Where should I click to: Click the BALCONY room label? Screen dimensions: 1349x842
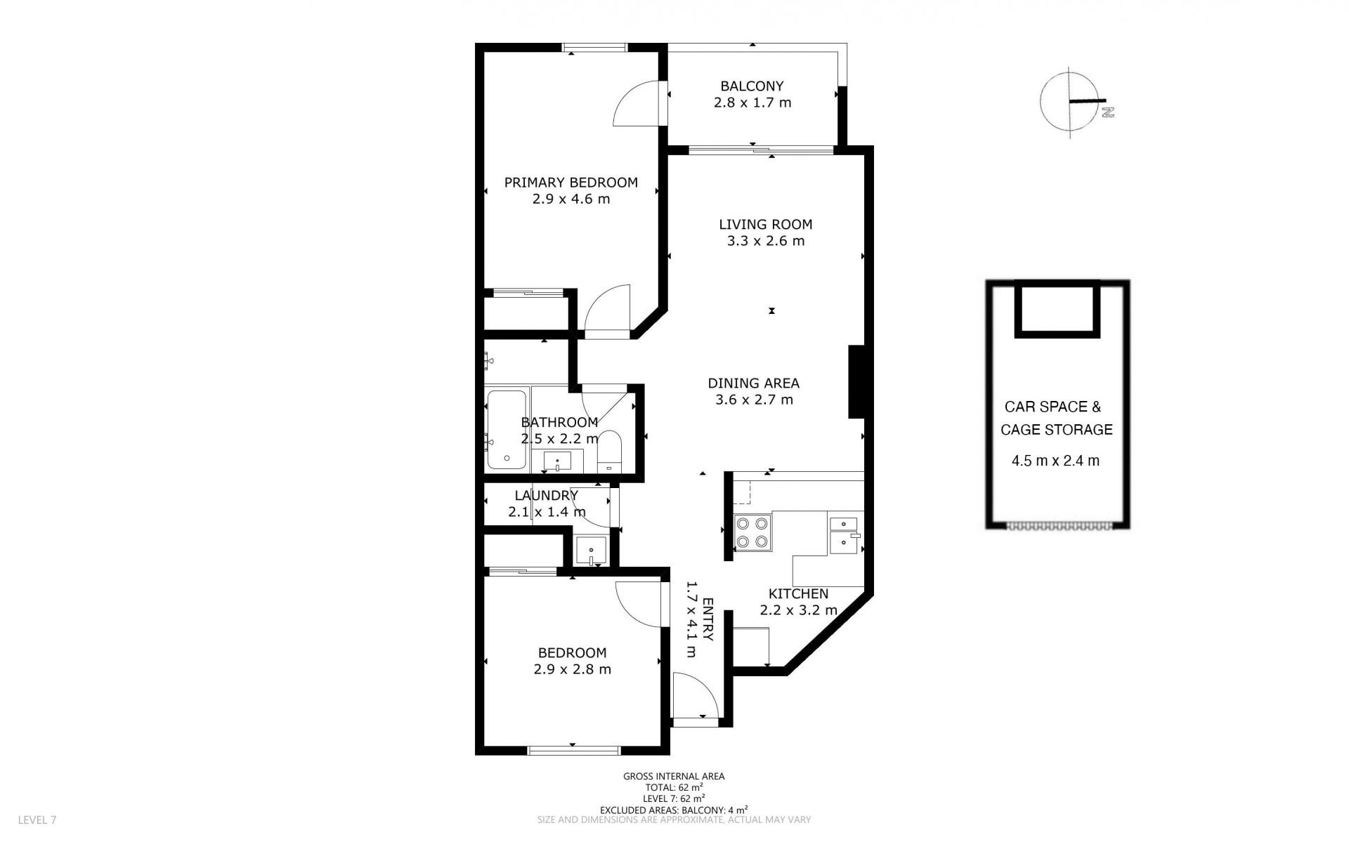coord(752,86)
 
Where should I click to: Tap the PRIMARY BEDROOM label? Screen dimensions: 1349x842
coord(571,183)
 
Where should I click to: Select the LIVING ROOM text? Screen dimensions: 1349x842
coord(766,225)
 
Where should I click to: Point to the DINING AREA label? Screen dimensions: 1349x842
coord(754,383)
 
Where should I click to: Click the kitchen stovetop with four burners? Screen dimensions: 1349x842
coord(752,532)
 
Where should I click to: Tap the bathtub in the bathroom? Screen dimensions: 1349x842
coord(506,429)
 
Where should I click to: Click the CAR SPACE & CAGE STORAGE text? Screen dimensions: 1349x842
coord(1057,418)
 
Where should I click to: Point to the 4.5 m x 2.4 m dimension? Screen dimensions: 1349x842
coord(1055,461)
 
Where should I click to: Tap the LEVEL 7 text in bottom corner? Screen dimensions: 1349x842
coord(37,820)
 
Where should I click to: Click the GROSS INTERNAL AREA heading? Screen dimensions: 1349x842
coord(674,776)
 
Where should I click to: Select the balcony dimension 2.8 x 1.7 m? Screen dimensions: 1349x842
coord(752,103)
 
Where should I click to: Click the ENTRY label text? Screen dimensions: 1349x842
coord(708,619)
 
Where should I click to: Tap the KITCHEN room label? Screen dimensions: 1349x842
coord(798,593)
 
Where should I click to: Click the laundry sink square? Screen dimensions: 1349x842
coord(592,551)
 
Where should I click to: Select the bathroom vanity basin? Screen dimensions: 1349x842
coord(557,461)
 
